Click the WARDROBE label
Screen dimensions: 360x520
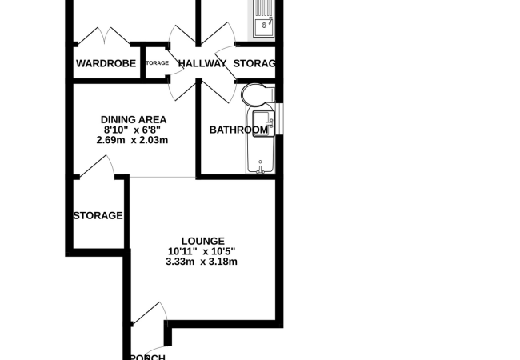(104, 63)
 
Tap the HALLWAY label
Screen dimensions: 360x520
(202, 63)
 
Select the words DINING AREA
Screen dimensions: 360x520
(134, 120)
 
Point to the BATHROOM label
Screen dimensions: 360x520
(238, 130)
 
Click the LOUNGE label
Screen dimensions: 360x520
(202, 241)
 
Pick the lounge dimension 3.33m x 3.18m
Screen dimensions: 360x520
(202, 262)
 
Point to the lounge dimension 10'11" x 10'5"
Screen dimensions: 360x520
(202, 251)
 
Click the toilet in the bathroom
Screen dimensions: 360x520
(256, 95)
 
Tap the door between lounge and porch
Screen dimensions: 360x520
(149, 314)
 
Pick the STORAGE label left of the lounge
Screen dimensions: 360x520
(98, 215)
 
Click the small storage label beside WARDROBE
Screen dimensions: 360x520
(157, 63)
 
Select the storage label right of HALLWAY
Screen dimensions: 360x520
(254, 63)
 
